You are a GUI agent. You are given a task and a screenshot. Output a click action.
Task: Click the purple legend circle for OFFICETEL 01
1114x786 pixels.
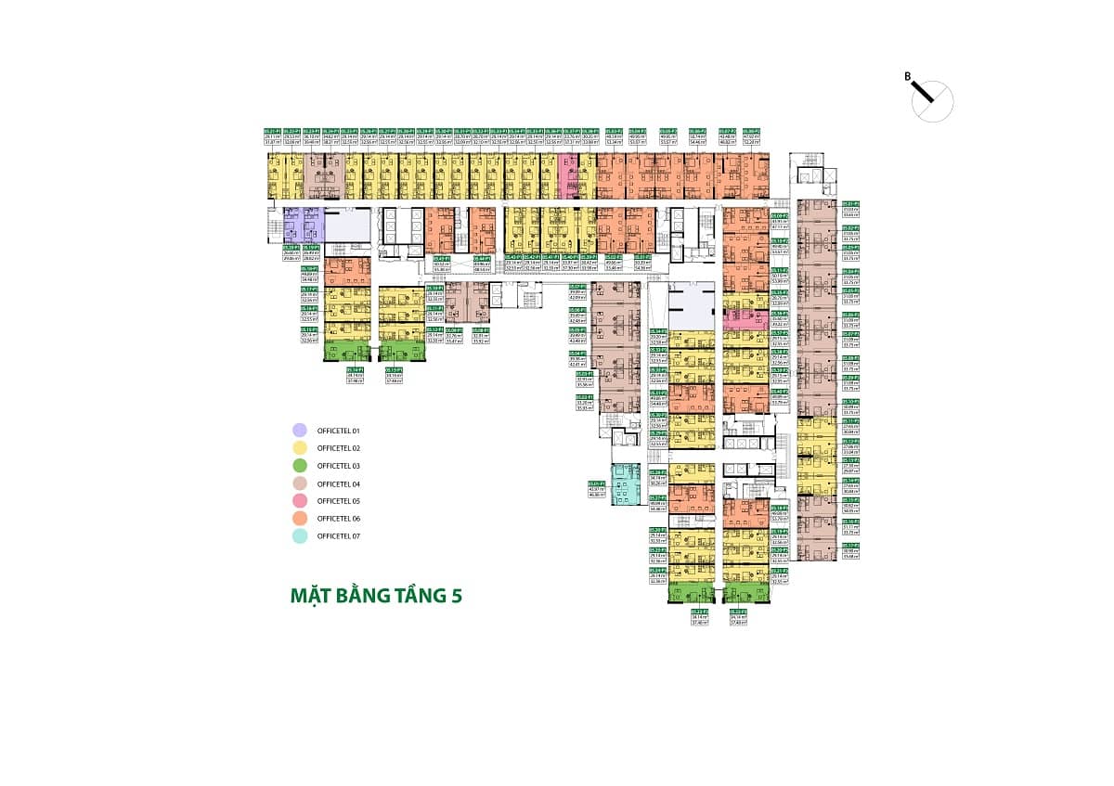pos(299,431)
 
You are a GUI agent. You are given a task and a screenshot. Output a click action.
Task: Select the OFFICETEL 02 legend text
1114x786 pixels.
pos(338,448)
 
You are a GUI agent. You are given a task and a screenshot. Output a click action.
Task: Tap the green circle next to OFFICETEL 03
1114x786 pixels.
pos(299,466)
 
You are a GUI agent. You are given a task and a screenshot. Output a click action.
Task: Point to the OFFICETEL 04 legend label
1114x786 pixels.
pos(338,483)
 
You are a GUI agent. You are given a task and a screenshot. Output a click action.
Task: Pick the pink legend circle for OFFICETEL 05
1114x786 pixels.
pos(299,501)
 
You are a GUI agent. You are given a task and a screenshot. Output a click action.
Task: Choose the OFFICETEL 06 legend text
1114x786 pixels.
pos(338,519)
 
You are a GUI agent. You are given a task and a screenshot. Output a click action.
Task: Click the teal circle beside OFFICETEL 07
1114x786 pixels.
pos(299,536)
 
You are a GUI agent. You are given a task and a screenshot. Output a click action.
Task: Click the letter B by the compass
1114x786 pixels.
pos(907,77)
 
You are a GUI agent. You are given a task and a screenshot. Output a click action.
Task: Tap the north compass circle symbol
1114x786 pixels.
pos(934,100)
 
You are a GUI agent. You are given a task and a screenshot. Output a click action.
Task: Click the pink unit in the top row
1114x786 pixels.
pos(567,176)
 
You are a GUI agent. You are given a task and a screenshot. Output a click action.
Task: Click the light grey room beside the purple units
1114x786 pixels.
pos(345,225)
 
